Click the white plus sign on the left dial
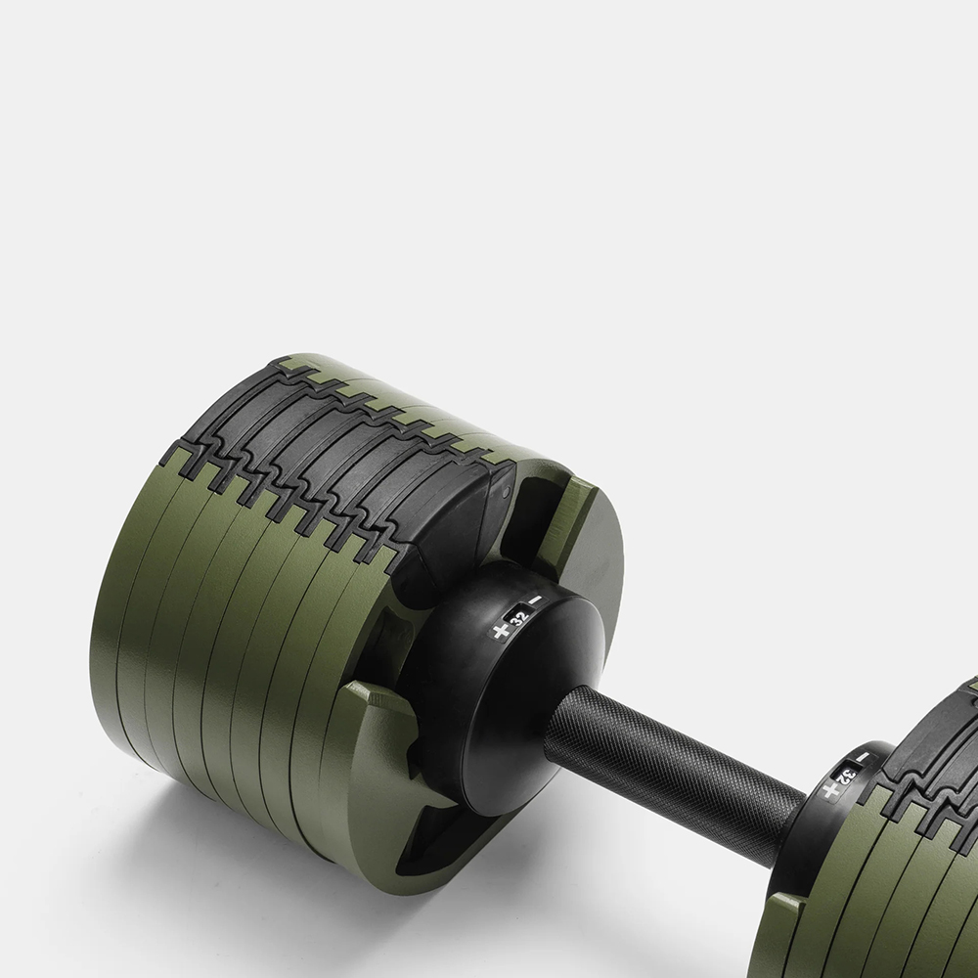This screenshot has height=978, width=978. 499,631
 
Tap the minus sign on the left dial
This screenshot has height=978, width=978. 535,600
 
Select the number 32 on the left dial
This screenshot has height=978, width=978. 518,617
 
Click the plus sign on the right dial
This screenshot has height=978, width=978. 829,790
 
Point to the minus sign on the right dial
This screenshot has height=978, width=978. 862,757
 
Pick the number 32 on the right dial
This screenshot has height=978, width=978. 847,776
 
